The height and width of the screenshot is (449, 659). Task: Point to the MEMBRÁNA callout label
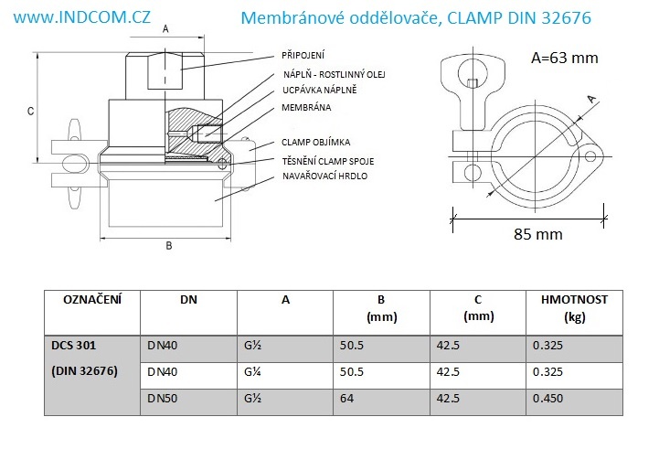click(307, 108)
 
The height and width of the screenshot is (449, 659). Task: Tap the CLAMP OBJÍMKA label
click(316, 142)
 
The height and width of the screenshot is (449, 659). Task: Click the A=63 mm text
click(565, 59)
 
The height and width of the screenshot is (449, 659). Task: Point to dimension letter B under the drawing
click(168, 245)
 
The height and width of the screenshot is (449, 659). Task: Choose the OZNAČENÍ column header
click(92, 299)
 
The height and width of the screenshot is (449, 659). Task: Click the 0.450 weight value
click(548, 399)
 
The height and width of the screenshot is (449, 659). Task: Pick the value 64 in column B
click(346, 399)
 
